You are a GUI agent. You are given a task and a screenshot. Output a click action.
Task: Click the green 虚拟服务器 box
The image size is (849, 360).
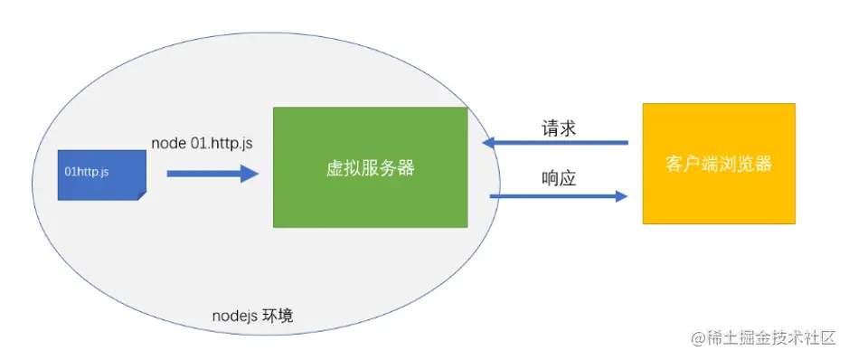tap(370, 167)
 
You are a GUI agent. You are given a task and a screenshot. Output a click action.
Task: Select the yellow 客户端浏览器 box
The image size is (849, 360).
tap(719, 164)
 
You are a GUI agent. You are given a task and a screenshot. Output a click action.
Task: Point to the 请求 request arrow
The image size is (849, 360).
tap(555, 142)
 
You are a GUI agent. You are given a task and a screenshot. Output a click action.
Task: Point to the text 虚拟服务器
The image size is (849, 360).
tap(370, 168)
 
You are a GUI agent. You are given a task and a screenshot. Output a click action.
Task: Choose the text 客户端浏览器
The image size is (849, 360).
tap(719, 165)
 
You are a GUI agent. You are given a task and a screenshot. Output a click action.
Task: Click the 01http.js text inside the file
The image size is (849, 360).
tap(88, 170)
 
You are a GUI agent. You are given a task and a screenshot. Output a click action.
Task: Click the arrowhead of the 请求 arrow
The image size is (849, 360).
tap(489, 142)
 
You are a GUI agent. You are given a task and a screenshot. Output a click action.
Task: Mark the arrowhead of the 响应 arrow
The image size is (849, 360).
tap(621, 195)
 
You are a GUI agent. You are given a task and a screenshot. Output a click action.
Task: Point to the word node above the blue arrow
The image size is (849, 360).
tap(167, 144)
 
